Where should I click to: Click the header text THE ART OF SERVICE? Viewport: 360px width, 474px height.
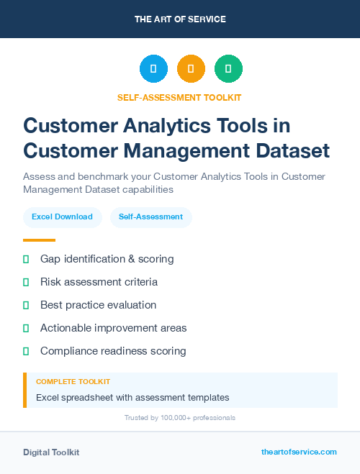tap(180, 19)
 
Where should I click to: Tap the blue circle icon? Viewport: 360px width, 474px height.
tap(153, 69)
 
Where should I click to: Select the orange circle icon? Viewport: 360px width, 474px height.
tap(191, 69)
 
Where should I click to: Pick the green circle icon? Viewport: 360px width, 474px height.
tap(229, 69)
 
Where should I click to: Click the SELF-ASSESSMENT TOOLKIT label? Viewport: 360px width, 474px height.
tap(179, 97)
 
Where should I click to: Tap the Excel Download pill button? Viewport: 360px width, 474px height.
tap(62, 217)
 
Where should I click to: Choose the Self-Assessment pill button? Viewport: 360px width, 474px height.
tap(150, 217)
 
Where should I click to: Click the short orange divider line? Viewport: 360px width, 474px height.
tap(39, 240)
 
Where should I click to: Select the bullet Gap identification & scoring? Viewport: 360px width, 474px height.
tap(107, 258)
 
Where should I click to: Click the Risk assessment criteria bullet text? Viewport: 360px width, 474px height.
tap(99, 282)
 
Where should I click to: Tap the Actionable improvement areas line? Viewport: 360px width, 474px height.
tap(113, 328)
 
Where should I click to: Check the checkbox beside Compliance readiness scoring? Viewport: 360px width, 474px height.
tap(26, 351)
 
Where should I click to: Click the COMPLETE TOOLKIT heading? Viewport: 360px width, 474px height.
tap(73, 381)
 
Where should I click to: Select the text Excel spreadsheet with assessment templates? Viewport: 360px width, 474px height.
tap(132, 397)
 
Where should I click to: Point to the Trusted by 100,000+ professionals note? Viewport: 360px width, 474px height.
tap(180, 417)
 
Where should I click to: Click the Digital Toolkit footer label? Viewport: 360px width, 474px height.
tap(51, 452)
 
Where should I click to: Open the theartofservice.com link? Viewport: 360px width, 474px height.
tap(299, 452)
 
